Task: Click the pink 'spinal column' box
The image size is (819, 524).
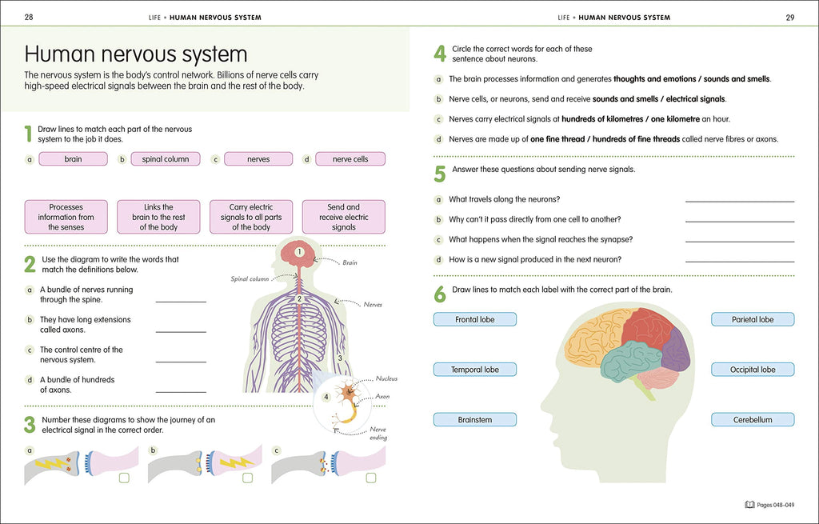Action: tap(166, 159)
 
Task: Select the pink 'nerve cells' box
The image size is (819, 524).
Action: tap(350, 159)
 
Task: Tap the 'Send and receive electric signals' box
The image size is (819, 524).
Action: tap(344, 217)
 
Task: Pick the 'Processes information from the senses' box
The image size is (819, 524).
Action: tap(66, 217)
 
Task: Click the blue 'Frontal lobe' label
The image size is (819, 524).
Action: tap(475, 319)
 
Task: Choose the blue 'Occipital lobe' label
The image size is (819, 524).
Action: tap(753, 370)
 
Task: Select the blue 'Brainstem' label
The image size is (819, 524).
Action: tap(475, 419)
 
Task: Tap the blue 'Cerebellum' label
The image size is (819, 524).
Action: tap(753, 419)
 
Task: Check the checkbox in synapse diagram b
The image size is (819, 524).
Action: tap(248, 478)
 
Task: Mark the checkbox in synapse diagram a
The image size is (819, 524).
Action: tap(124, 478)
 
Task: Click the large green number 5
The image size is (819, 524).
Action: tap(440, 174)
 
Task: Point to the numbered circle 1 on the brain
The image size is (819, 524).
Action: tap(299, 252)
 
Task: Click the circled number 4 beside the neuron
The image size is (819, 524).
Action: tap(326, 397)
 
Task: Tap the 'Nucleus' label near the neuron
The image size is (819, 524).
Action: tap(386, 378)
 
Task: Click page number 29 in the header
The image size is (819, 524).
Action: tap(789, 18)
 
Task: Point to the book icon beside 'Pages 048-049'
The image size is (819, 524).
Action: tap(749, 505)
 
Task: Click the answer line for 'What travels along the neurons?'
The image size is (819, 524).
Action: tap(740, 201)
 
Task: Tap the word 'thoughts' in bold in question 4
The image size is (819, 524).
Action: tap(629, 79)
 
